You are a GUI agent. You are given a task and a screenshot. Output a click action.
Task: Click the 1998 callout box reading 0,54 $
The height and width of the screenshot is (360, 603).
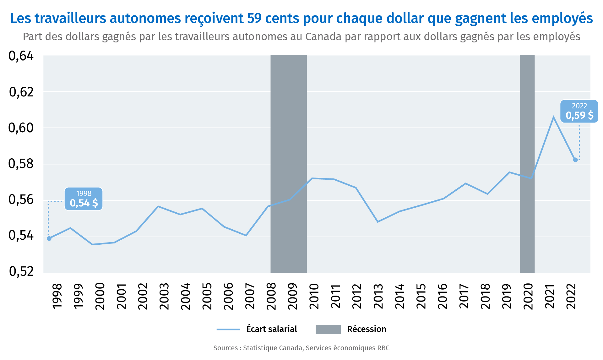click(84, 199)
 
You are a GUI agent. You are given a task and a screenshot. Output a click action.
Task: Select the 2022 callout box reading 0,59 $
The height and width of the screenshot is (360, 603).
click(579, 111)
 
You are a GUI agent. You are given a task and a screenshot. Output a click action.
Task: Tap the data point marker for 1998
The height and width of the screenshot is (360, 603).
click(49, 238)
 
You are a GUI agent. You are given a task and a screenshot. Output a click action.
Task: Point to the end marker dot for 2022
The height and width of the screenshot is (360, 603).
click(575, 160)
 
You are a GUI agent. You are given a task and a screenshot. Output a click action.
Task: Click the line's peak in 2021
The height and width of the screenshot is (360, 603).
click(553, 117)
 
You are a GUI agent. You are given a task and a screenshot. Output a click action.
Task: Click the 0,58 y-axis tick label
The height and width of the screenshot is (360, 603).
click(21, 164)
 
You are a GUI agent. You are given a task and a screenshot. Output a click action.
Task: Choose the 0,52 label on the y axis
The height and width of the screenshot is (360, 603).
click(21, 271)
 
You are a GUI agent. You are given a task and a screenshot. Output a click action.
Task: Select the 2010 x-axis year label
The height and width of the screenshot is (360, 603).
click(314, 296)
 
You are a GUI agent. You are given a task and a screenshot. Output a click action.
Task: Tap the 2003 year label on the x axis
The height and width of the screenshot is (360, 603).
click(164, 296)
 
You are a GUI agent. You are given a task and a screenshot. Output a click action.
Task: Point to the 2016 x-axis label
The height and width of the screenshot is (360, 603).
click(442, 296)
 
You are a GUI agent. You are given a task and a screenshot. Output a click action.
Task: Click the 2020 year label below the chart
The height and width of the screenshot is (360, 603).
click(528, 296)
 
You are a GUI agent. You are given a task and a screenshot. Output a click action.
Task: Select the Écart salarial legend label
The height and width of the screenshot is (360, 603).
click(272, 329)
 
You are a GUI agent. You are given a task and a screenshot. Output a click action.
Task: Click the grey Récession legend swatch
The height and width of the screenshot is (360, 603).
click(328, 329)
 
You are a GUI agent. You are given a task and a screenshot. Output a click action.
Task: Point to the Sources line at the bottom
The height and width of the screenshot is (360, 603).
click(301, 348)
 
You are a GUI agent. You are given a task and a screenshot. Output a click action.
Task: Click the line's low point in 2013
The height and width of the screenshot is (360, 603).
click(378, 222)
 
